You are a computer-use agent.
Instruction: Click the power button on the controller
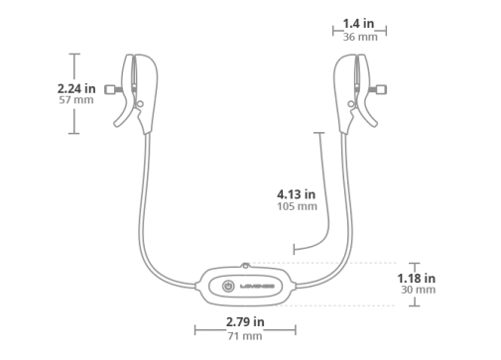[x=228, y=286]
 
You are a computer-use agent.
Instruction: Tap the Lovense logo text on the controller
[x=257, y=287]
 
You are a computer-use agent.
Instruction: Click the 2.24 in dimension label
[x=76, y=88]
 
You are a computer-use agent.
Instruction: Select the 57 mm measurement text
[x=76, y=100]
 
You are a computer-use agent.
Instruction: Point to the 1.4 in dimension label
[x=358, y=24]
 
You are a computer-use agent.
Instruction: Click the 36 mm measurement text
[x=360, y=37]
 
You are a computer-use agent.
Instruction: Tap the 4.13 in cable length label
[x=296, y=194]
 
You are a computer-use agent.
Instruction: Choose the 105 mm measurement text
[x=297, y=206]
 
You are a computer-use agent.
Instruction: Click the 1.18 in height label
[x=416, y=279]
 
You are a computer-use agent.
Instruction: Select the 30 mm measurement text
[x=418, y=290]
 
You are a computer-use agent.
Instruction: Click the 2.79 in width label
[x=245, y=321]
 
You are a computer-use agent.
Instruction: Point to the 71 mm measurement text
[x=245, y=336]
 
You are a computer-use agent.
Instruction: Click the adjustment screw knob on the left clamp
[x=110, y=89]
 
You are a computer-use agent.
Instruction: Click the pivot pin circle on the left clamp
[x=140, y=104]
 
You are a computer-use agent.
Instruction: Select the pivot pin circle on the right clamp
[x=351, y=104]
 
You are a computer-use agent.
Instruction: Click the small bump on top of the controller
[x=245, y=265]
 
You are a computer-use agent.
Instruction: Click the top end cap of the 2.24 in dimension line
[x=74, y=54]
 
